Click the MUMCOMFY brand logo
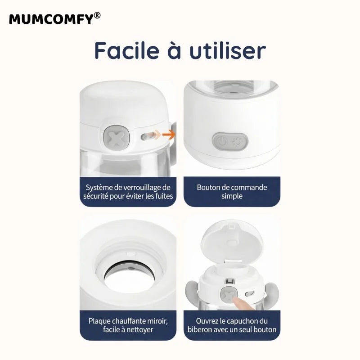pos(51,19)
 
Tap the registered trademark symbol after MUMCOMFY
pos(98,16)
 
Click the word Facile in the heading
pos(128,51)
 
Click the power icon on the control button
pos(220,143)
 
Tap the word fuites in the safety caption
pos(162,196)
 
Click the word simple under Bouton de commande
pos(232,196)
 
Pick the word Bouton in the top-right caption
pos(209,187)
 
